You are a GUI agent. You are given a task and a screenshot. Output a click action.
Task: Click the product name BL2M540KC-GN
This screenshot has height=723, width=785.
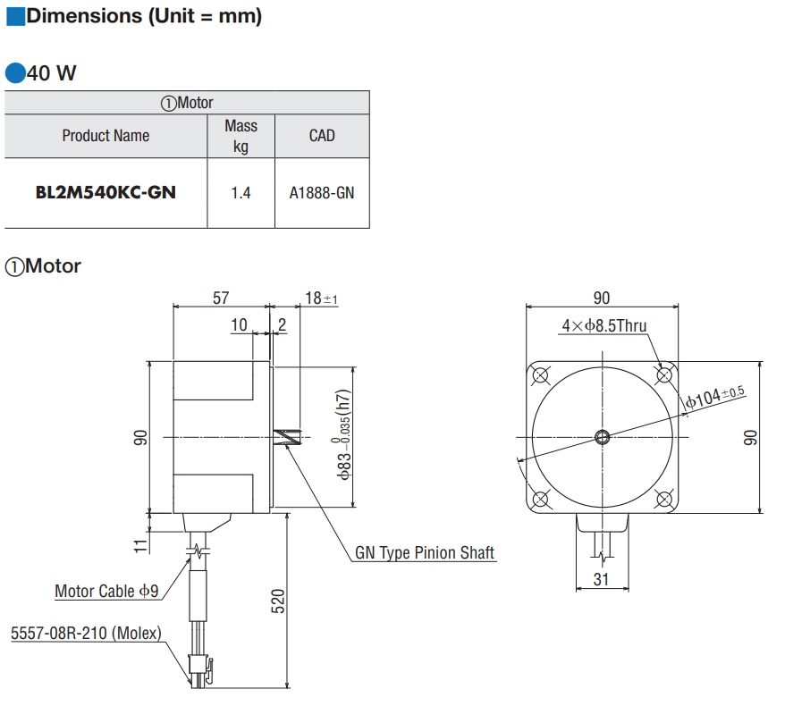[106, 192]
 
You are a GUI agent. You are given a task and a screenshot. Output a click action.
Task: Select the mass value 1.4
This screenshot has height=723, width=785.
[241, 192]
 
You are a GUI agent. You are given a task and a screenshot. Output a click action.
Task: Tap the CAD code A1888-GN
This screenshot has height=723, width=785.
[322, 192]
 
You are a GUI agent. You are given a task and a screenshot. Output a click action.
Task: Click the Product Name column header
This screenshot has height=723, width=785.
[106, 136]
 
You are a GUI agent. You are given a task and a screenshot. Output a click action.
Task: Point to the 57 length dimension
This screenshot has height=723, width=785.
[221, 298]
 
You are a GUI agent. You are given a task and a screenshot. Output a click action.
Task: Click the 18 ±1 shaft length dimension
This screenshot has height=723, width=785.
[320, 298]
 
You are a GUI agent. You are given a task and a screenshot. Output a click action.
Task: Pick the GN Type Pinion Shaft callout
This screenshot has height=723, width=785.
[425, 553]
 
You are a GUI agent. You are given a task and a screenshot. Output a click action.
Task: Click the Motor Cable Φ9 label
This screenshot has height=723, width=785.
[106, 591]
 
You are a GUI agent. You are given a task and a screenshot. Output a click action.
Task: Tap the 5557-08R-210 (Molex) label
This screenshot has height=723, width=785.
[86, 634]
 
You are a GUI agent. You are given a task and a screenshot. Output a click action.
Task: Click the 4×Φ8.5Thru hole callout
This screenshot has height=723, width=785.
[604, 326]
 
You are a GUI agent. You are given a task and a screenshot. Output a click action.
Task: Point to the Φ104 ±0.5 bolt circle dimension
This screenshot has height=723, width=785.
[715, 398]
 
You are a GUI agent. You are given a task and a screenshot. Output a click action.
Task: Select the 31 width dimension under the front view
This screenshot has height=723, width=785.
[601, 580]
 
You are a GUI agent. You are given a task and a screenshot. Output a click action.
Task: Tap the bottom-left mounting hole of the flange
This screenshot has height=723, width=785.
[541, 499]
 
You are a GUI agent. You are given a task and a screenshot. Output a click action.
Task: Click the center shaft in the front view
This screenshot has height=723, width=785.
[603, 437]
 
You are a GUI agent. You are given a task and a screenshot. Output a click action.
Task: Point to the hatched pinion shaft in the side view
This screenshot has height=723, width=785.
[287, 437]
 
